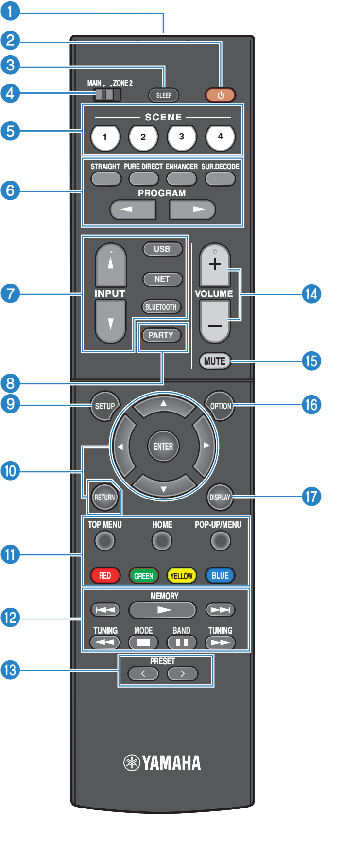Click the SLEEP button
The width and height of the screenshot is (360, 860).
164,95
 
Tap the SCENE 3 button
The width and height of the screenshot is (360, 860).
182,138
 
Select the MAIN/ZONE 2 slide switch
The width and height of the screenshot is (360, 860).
107,94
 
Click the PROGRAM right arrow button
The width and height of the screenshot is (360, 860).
192,210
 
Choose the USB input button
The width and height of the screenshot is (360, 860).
162,249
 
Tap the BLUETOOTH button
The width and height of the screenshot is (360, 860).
161,307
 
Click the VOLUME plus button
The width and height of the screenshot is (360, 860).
215,265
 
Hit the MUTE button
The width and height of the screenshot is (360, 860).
215,361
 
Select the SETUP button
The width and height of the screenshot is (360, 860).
104,406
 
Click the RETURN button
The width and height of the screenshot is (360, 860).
104,498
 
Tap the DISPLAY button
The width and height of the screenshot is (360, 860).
220,498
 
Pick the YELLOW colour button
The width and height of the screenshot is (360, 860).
181,576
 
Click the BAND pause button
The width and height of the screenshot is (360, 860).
182,642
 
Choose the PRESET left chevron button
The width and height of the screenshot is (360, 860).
143,674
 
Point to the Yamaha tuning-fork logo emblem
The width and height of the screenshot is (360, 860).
132,763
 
